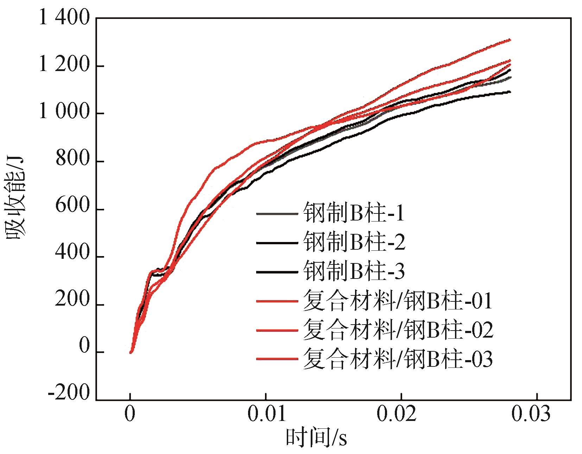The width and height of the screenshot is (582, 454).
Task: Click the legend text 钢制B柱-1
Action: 354,213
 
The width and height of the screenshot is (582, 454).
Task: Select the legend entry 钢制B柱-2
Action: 354,243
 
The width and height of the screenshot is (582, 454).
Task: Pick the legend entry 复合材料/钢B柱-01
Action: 398,301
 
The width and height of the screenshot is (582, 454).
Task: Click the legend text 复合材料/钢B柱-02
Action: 398,331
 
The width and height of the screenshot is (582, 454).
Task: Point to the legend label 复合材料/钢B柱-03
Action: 398,359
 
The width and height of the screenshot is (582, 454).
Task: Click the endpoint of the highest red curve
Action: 510,40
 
